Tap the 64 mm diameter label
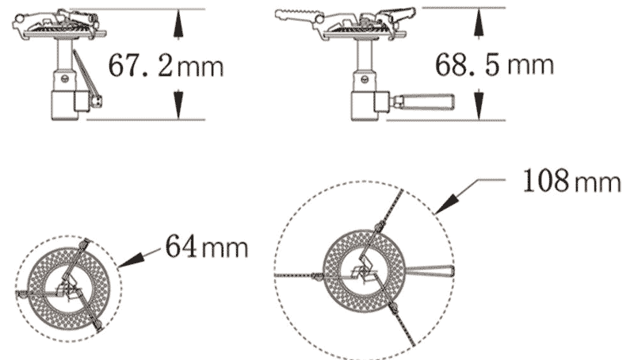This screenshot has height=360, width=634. [206, 247]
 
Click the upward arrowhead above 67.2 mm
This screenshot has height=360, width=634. [178, 24]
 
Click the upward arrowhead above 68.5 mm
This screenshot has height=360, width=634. [478, 24]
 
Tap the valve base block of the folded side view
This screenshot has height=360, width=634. [66, 104]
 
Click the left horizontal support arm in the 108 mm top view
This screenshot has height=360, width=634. [297, 274]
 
